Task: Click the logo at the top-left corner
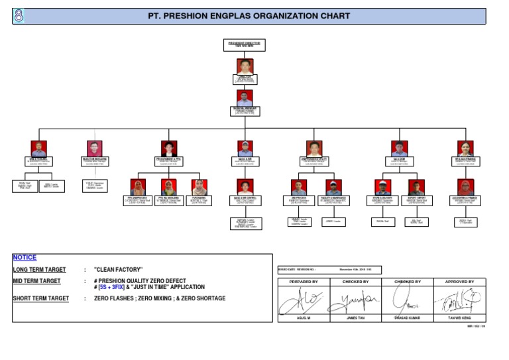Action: (18, 17)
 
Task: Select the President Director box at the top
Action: (244, 44)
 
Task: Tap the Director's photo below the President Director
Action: (244, 67)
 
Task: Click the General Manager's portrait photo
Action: (244, 97)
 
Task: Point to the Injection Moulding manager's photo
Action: (94, 149)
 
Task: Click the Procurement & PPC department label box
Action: (168, 160)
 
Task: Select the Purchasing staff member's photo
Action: (198, 187)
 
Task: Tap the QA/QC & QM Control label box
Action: (245, 200)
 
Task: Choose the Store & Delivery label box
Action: (383, 200)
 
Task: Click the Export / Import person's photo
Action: (417, 188)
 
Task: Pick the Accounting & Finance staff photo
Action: (465, 188)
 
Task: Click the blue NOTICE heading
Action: (25, 257)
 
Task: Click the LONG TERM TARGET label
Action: (40, 270)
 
